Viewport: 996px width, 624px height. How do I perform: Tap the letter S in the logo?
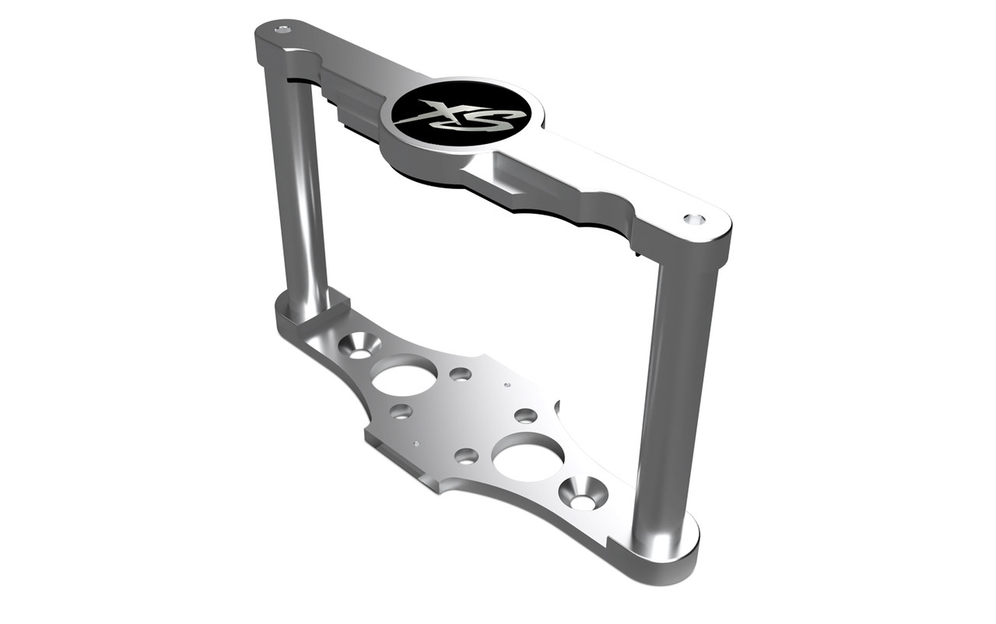pos(487,118)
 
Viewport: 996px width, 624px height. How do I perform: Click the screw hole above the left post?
pos(282,30)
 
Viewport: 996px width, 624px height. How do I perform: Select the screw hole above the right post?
pos(694,219)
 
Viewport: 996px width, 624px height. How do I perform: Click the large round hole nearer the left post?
pos(404,377)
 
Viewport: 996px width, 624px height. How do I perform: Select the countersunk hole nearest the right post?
pos(583,493)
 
